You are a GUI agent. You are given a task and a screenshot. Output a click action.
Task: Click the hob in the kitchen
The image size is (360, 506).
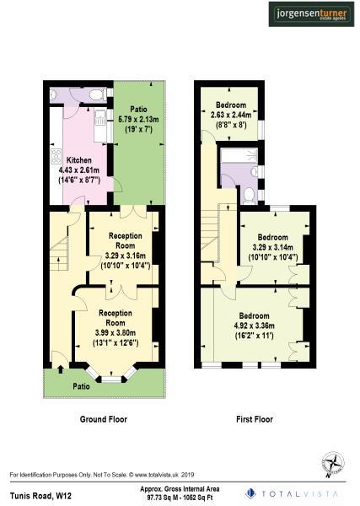[x=56, y=159]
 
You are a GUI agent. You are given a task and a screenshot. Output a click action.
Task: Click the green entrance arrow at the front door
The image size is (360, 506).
[x=61, y=365]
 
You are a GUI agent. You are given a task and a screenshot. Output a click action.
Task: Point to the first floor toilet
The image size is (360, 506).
[x=250, y=195]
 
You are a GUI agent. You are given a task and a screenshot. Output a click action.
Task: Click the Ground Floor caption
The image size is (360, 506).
[x=104, y=419]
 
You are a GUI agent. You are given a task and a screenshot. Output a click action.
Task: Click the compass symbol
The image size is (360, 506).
[x=333, y=462]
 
